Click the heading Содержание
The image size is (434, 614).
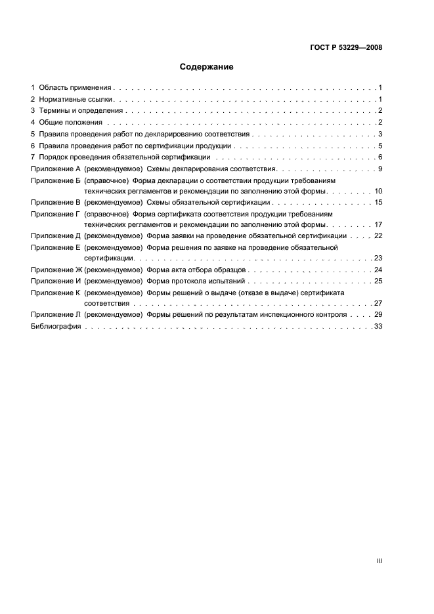[207, 67]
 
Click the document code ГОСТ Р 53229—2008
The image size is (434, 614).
[346, 48]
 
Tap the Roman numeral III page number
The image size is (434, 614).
[379, 561]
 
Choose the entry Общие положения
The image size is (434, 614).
[70, 123]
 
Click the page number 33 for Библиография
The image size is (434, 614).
[378, 327]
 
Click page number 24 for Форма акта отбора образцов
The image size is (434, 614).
[378, 270]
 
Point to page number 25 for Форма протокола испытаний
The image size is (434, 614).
[378, 281]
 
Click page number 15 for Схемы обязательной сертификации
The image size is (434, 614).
[378, 202]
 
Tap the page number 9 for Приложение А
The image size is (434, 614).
[380, 169]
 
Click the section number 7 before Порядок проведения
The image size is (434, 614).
[33, 157]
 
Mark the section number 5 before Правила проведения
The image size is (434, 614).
[33, 134]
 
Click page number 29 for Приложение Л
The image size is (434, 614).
[378, 316]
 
